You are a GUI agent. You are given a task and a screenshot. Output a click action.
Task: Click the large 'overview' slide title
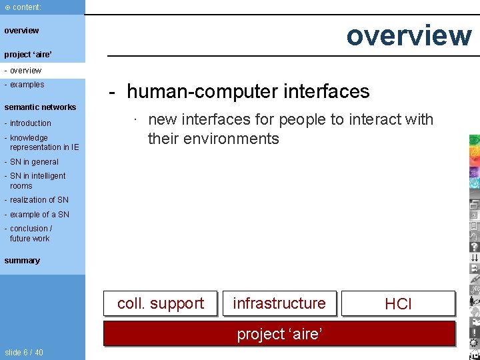click(409, 35)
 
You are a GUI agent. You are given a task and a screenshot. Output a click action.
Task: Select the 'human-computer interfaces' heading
click(248, 91)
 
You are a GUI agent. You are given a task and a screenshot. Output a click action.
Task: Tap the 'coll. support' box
click(161, 303)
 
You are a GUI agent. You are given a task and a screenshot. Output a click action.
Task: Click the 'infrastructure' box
click(279, 303)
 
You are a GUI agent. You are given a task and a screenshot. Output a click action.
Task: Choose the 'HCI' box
click(398, 304)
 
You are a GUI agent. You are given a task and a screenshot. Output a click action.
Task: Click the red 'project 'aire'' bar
click(279, 333)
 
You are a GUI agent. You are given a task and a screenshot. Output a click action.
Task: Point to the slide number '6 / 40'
click(24, 352)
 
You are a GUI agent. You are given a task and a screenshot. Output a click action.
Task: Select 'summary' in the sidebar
click(22, 261)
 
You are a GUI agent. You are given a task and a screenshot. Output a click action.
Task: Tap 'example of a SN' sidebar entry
click(39, 215)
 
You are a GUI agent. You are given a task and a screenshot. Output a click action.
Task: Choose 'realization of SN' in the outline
click(39, 200)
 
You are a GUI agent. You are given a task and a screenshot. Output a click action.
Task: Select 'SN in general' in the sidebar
click(34, 162)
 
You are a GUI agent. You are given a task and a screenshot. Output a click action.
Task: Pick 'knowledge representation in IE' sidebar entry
click(43, 143)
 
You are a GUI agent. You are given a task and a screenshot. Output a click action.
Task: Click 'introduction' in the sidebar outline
click(30, 123)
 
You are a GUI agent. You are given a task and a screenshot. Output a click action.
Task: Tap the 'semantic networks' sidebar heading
click(40, 107)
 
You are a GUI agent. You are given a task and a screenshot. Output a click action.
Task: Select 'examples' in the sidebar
click(27, 85)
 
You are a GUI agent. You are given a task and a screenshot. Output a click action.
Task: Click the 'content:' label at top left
click(27, 7)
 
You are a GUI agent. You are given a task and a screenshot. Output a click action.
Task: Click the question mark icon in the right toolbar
click(474, 247)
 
